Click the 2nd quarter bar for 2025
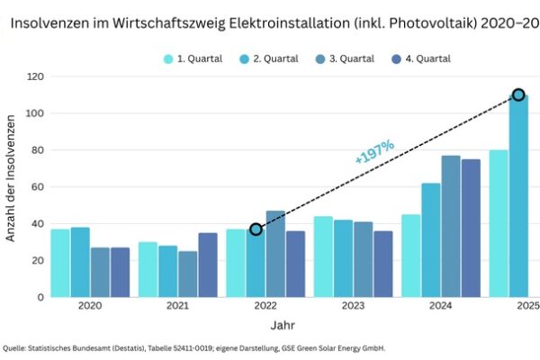point(518,198)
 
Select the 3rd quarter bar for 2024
point(451,227)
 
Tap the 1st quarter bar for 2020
point(60,263)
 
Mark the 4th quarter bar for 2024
point(471,229)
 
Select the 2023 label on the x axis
point(352,306)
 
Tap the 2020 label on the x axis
point(90,306)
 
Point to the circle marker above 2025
point(518,94)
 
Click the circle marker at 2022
point(256,229)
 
